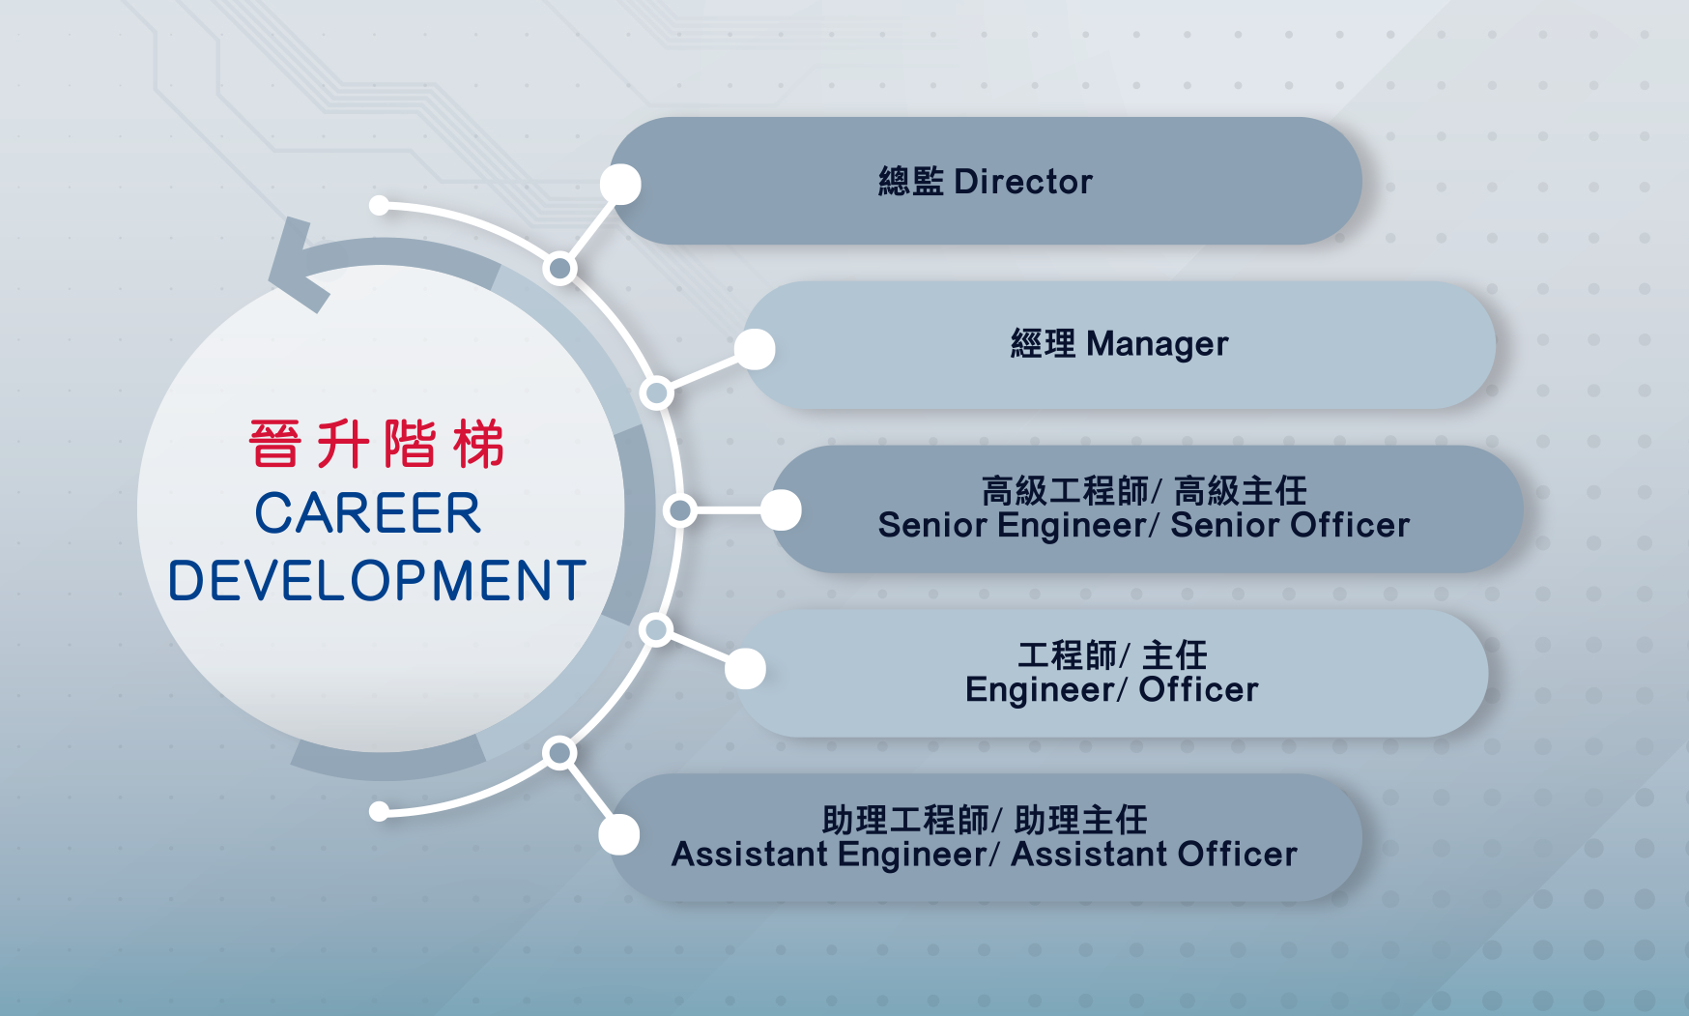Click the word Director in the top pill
point(1023,182)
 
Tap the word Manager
point(1158,345)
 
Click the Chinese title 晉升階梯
point(377,444)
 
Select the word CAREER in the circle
point(368,513)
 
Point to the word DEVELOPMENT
point(377,581)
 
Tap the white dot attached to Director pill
point(620,185)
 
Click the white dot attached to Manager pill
point(755,349)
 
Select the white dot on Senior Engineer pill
point(781,510)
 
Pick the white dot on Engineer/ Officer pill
point(745,669)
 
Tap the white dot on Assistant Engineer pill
point(619,834)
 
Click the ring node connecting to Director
point(559,268)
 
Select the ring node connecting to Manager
point(657,392)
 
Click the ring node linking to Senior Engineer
point(680,509)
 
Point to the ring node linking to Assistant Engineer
point(559,752)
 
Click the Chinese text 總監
point(910,182)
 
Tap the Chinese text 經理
point(1043,344)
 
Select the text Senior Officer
point(1290,526)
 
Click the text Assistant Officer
point(1154,855)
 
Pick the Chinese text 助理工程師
point(905,820)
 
